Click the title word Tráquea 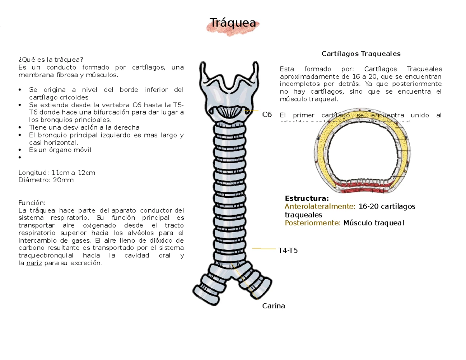(233, 23)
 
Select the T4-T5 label (288, 250)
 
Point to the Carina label (273, 306)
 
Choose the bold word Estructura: (307, 198)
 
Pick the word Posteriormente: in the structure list (313, 223)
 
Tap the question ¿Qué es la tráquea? (51, 60)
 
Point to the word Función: (32, 203)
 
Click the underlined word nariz (34, 263)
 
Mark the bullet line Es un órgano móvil (60, 150)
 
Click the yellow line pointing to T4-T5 (264, 248)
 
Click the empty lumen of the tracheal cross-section (361, 155)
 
